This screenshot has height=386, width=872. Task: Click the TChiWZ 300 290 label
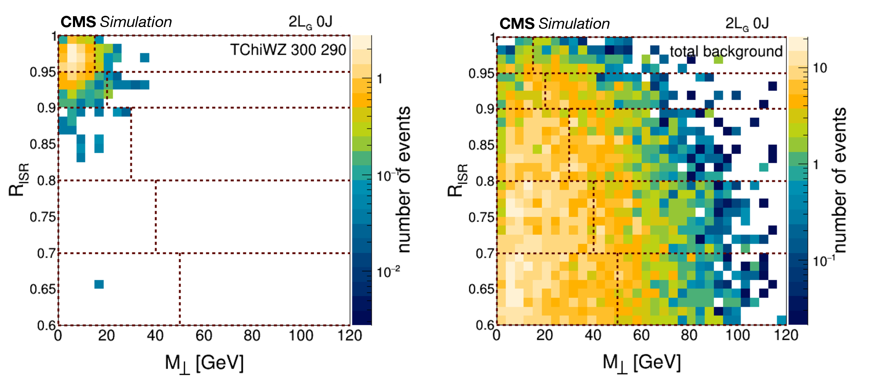(x=288, y=50)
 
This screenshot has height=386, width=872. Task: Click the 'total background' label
(x=726, y=52)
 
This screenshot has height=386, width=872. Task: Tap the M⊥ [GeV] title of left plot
(x=204, y=363)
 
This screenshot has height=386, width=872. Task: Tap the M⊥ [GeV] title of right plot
(x=642, y=362)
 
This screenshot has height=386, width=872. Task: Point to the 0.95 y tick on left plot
(x=43, y=72)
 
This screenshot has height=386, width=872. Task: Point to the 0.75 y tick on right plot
(x=481, y=217)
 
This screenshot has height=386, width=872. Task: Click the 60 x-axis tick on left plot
(x=204, y=336)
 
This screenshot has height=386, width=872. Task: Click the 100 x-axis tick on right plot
(x=738, y=335)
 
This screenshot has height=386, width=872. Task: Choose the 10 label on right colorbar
(x=820, y=68)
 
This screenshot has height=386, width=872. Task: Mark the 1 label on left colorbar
(x=380, y=79)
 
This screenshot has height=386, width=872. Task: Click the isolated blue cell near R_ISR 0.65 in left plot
(x=99, y=284)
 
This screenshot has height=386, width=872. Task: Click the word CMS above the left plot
(x=78, y=22)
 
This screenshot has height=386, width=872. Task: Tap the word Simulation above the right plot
(x=574, y=24)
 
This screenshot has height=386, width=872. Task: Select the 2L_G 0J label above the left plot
(x=310, y=22)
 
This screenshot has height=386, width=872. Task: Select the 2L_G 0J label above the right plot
(x=747, y=24)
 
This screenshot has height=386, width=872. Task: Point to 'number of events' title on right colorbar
(x=839, y=180)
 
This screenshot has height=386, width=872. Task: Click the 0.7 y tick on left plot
(x=46, y=253)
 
